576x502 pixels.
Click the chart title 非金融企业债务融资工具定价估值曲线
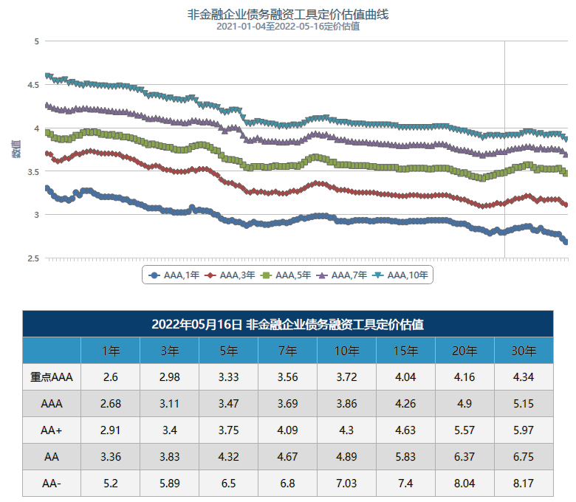point(288,14)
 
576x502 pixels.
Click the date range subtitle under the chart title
point(288,27)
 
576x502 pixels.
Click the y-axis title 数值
point(16,148)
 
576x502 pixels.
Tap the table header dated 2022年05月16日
point(288,324)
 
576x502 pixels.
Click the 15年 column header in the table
point(405,351)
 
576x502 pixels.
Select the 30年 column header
point(524,351)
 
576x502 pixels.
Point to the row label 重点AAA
point(52,377)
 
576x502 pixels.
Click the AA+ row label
point(52,430)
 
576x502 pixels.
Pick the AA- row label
point(52,484)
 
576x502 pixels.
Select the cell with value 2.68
point(111,404)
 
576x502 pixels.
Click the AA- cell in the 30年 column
point(524,484)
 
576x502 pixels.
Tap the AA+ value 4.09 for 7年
point(287,430)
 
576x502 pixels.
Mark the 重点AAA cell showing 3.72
point(346,377)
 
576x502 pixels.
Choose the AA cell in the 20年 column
point(464,457)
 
